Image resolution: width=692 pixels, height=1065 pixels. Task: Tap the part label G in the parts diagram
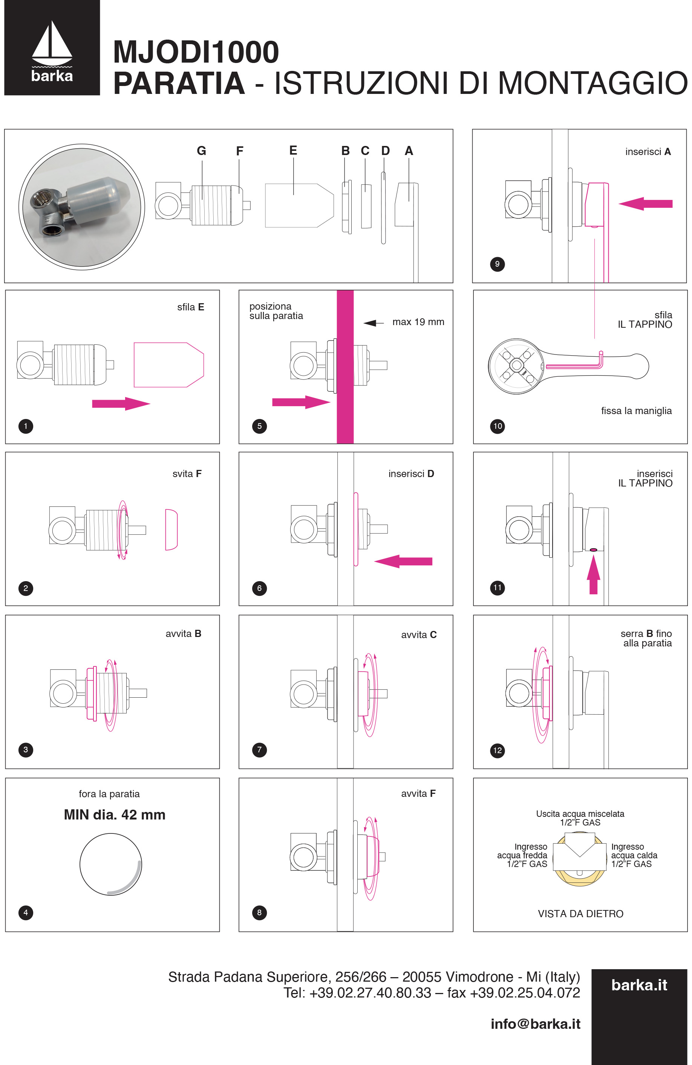click(201, 151)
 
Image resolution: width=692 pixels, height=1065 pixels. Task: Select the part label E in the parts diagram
click(293, 150)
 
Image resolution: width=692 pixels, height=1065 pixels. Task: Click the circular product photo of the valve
click(81, 207)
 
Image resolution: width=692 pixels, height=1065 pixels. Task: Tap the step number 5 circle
click(259, 426)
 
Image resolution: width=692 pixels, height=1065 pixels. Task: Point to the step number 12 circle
click(498, 750)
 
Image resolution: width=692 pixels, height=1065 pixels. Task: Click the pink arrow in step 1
click(121, 404)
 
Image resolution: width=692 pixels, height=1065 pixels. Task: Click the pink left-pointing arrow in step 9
click(646, 204)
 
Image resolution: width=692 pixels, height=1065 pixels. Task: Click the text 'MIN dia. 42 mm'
click(115, 815)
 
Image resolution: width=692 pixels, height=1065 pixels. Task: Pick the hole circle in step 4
click(110, 864)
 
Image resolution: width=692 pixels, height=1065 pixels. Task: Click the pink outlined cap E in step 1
click(168, 365)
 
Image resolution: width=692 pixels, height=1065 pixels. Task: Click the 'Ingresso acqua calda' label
click(634, 855)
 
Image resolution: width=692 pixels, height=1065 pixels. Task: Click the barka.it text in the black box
click(639, 985)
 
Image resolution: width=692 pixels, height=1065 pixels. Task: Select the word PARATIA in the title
click(179, 84)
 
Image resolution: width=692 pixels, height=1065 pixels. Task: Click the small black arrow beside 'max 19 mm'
click(373, 323)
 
